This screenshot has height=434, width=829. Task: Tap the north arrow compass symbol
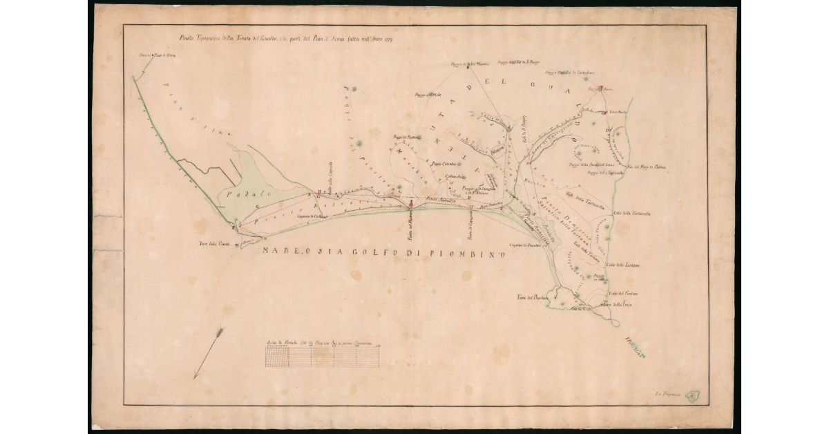pyautogui.click(x=208, y=353)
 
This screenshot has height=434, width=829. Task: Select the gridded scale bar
pyautogui.click(x=322, y=356)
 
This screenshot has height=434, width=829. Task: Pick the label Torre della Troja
pyautogui.click(x=618, y=305)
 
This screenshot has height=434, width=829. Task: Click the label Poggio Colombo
pyautogui.click(x=444, y=164)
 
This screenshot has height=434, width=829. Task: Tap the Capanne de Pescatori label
pyautogui.click(x=524, y=245)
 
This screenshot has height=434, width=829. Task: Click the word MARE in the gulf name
pyautogui.click(x=276, y=252)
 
